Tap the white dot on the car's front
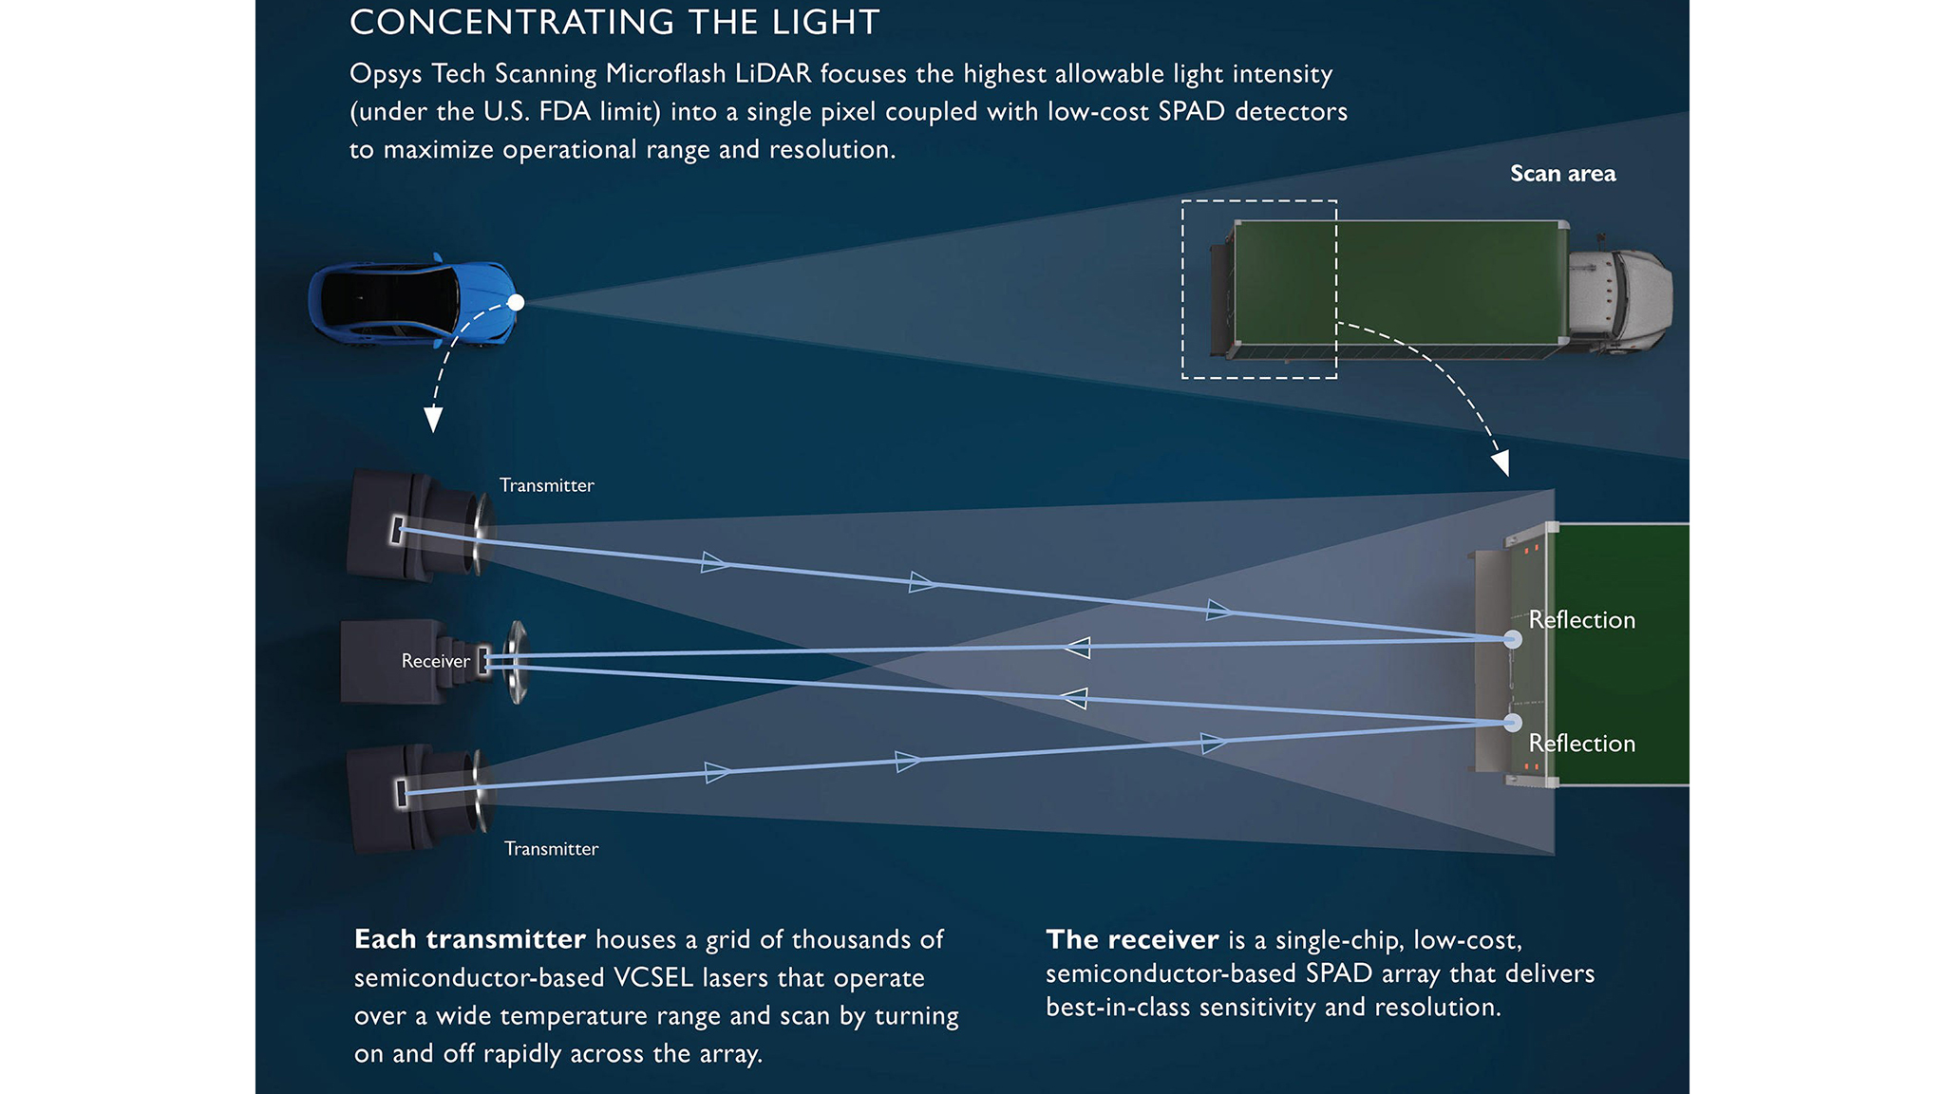click(x=516, y=303)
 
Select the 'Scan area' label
click(x=1562, y=174)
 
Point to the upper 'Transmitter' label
click(x=547, y=485)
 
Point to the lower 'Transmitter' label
click(x=551, y=849)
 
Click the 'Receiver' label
click(x=435, y=661)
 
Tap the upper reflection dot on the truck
click(x=1512, y=639)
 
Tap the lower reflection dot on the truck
click(x=1512, y=724)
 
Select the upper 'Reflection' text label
click(x=1582, y=620)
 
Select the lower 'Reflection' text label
click(x=1582, y=744)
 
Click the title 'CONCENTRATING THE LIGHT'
click(x=614, y=23)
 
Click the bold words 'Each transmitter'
click(x=469, y=939)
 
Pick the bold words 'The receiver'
click(x=1132, y=939)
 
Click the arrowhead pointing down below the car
click(x=433, y=419)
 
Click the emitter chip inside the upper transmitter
click(x=397, y=530)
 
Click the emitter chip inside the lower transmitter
click(x=402, y=792)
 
